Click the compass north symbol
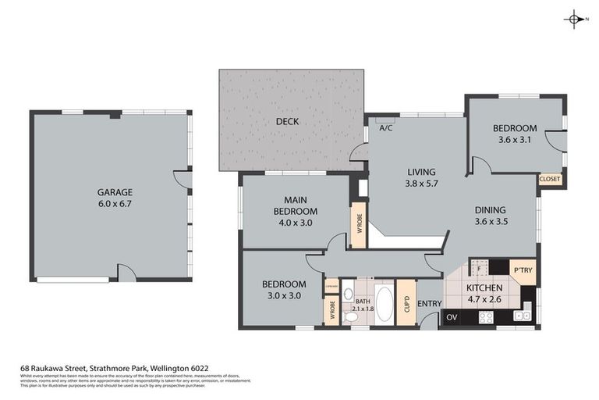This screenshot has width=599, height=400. (574, 20)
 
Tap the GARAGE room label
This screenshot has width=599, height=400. (115, 192)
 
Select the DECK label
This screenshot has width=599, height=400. (287, 122)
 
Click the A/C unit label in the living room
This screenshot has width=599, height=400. (385, 128)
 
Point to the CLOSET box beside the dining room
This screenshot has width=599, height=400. (549, 179)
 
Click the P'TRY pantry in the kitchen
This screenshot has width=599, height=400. (522, 270)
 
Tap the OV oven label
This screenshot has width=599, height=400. (452, 317)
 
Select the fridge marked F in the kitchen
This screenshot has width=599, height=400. (478, 267)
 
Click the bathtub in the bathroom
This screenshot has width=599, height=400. (385, 301)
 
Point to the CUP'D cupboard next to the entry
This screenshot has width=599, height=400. (406, 301)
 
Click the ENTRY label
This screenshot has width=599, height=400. (430, 303)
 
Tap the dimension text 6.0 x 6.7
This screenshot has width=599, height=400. (115, 205)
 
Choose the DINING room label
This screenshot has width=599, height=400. (491, 209)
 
